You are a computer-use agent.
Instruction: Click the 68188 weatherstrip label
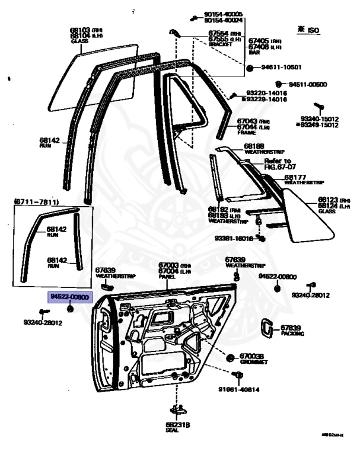click(258, 148)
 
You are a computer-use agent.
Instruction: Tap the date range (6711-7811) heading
click(37, 203)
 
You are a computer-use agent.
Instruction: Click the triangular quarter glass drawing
click(305, 216)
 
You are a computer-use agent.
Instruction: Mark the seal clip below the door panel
click(176, 409)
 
